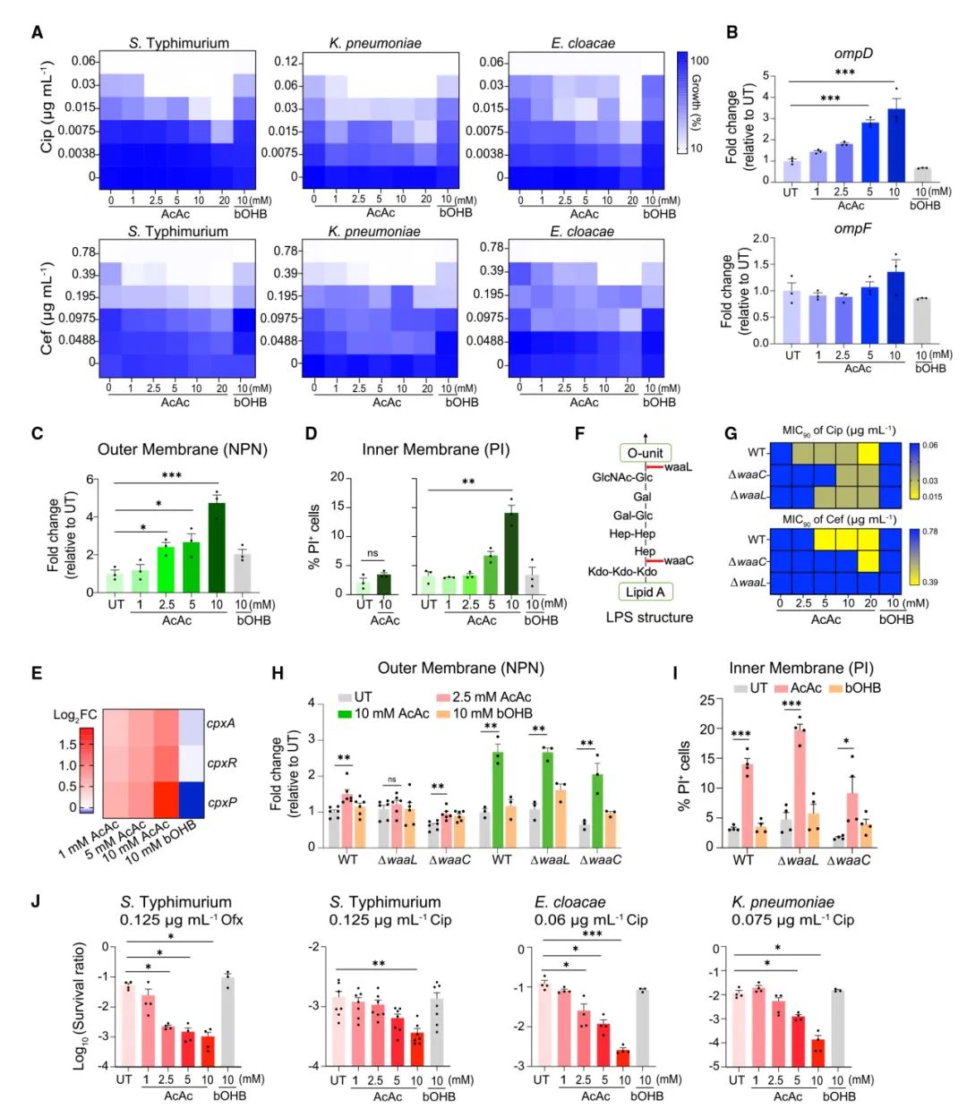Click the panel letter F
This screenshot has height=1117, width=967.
tap(579, 434)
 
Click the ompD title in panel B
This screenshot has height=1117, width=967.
tap(852, 53)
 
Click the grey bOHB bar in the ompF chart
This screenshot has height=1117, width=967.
tap(921, 320)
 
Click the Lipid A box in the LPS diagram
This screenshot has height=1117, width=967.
tap(645, 592)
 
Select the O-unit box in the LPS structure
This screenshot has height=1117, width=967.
tap(645, 453)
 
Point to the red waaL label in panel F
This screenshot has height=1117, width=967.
tap(678, 467)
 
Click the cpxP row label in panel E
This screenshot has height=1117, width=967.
tap(221, 802)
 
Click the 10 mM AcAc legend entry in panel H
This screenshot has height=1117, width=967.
tap(393, 713)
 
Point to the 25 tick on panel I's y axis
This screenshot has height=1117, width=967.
tap(706, 700)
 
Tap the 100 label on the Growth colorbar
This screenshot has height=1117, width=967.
tap(699, 61)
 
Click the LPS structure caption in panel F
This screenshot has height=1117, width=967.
tap(649, 618)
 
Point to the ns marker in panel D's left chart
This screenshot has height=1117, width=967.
tap(372, 554)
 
